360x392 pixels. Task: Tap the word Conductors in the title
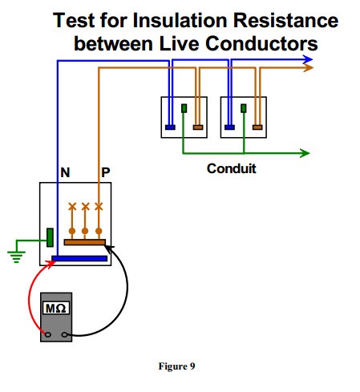pos(261,43)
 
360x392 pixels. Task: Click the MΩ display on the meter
pos(56,308)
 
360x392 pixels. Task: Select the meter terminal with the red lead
pos(48,334)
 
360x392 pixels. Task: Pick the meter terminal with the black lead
pos(64,334)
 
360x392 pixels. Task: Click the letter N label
pos(65,172)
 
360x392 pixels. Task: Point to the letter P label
pos(106,172)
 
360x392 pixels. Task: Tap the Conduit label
pos(232,168)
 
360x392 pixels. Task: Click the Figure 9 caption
pos(176,366)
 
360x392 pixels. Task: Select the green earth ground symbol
pos(16,257)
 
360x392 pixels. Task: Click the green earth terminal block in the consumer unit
pos(50,237)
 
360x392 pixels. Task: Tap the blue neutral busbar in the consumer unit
pos(79,258)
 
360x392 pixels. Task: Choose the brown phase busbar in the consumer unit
pos(85,242)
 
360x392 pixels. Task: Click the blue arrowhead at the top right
pos(307,59)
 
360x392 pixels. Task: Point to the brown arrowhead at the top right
pos(308,68)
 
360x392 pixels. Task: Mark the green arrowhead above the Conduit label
pos(305,153)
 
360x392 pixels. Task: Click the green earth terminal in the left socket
pos(184,108)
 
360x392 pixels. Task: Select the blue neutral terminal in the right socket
pos(229,127)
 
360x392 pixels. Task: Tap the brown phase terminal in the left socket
pos(198,127)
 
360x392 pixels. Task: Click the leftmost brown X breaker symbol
pos(72,206)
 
